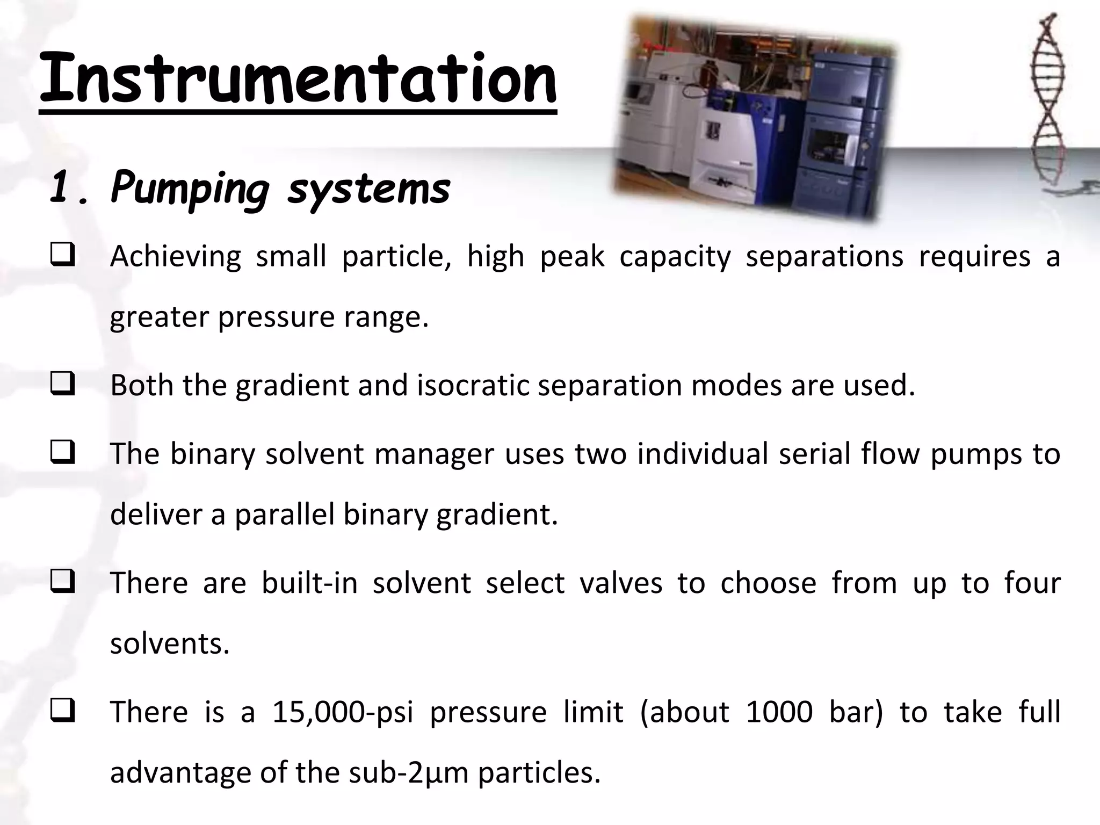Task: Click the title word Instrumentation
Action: [x=298, y=79]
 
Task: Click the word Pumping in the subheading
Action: [x=190, y=189]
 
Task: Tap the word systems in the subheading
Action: [x=368, y=189]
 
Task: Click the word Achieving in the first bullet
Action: [x=176, y=257]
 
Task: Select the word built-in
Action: [x=309, y=583]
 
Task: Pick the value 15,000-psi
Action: [x=343, y=712]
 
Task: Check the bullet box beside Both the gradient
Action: [x=62, y=386]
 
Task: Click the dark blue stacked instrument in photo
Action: [x=843, y=134]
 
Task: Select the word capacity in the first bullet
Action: [x=675, y=257]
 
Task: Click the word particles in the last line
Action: [x=539, y=772]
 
